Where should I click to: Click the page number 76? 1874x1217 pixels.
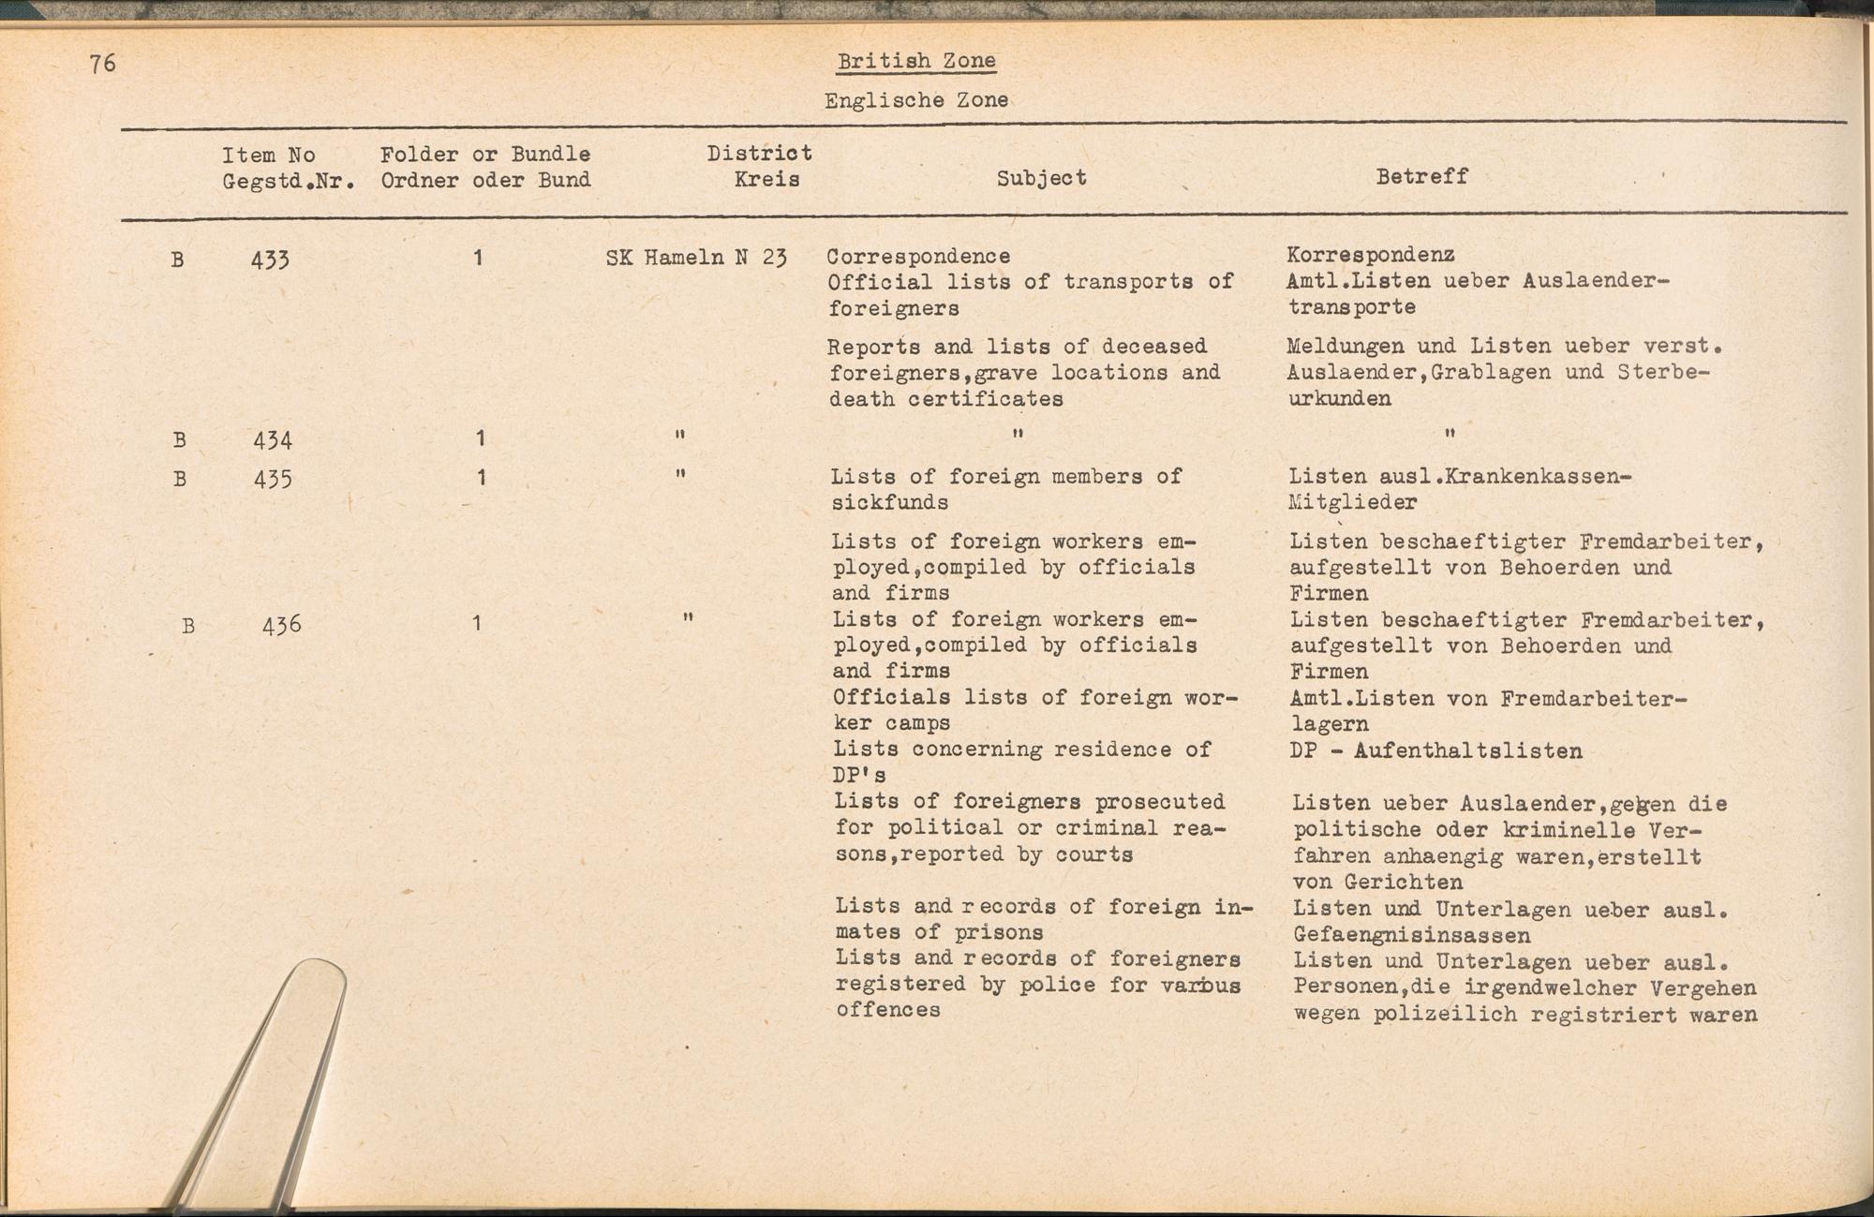click(x=103, y=64)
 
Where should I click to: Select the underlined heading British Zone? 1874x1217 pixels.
click(x=915, y=62)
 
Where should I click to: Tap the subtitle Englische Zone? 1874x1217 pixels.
click(x=915, y=100)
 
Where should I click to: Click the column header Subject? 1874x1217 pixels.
click(x=1041, y=178)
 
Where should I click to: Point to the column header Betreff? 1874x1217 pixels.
click(x=1421, y=176)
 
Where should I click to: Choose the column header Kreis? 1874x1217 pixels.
click(x=766, y=179)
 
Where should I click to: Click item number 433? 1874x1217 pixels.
click(x=270, y=260)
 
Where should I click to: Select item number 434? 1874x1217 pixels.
click(x=273, y=439)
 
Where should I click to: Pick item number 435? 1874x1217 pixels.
click(x=273, y=480)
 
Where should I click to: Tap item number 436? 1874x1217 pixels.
click(x=281, y=625)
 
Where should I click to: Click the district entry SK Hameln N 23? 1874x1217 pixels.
click(x=695, y=257)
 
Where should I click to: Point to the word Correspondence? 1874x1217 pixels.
click(x=918, y=256)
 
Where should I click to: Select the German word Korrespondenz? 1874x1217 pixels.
click(x=1370, y=254)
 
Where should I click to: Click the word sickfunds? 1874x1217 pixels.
click(x=889, y=502)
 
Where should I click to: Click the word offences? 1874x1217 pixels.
click(x=887, y=1010)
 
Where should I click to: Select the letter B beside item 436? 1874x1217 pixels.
click(x=188, y=626)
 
